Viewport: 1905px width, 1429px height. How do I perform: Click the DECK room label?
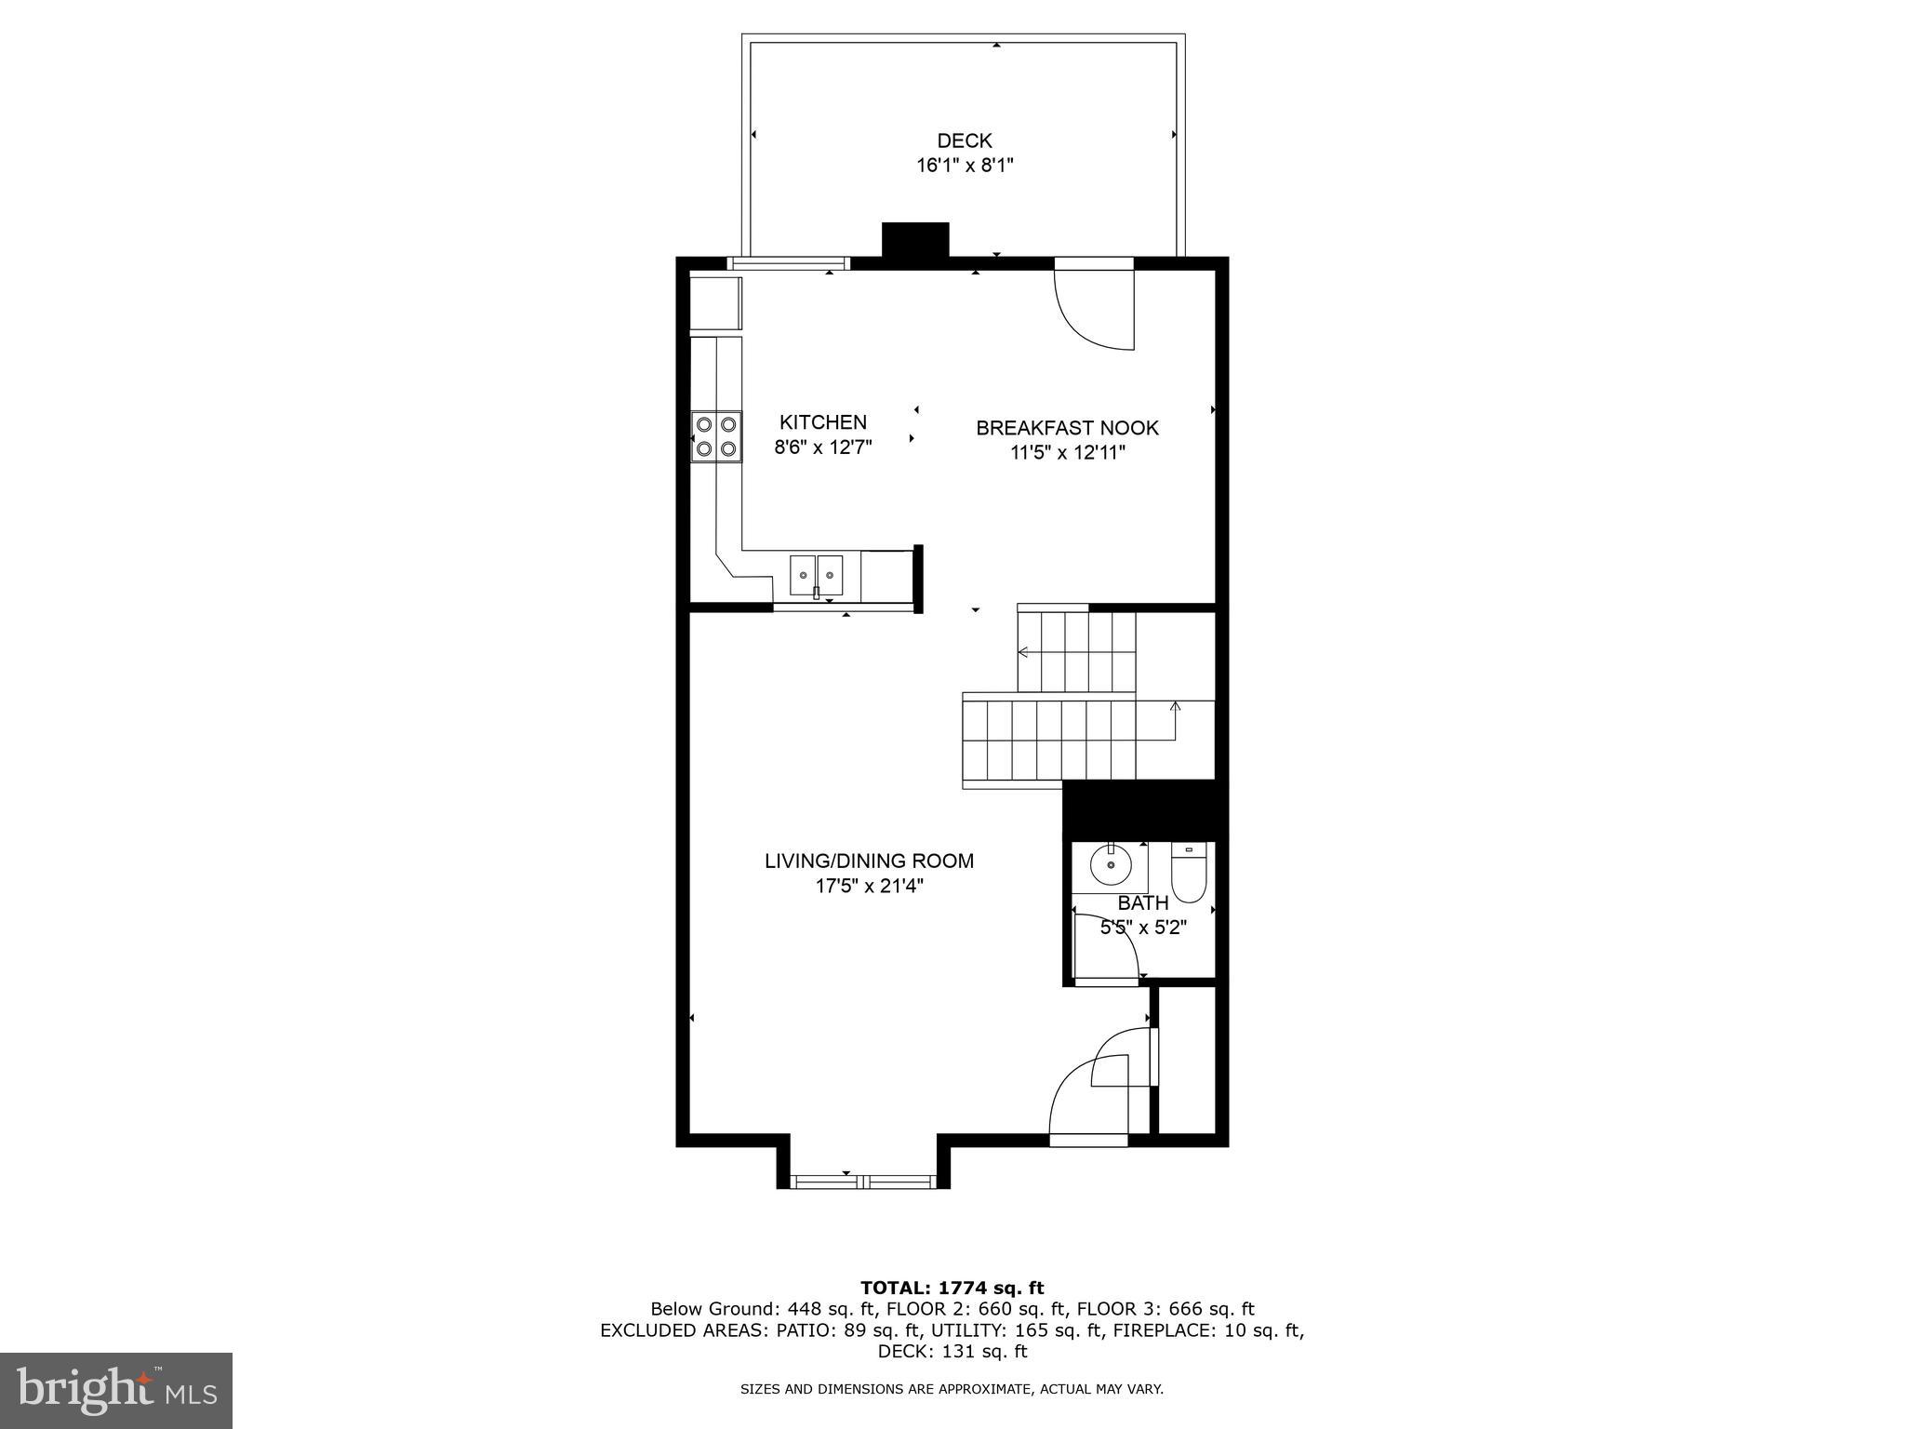click(965, 140)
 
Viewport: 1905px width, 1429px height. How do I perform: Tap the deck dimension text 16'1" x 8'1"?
click(965, 166)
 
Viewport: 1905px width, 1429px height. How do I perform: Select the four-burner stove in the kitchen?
click(716, 436)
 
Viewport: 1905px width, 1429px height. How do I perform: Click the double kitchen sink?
click(816, 575)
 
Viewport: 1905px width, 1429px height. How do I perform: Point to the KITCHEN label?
click(823, 422)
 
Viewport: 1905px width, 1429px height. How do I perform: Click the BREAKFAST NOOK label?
click(1067, 428)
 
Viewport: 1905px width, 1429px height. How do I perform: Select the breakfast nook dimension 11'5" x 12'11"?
click(1068, 453)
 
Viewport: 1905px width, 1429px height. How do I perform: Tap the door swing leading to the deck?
click(1098, 307)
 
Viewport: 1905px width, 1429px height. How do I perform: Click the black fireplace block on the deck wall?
click(915, 239)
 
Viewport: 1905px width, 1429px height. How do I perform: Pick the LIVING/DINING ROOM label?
click(869, 861)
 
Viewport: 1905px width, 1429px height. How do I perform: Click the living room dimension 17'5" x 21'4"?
click(869, 887)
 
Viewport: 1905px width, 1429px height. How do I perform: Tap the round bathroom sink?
click(1110, 865)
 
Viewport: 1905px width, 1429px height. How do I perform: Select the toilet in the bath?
click(1188, 872)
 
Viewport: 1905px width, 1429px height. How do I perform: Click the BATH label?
click(1143, 902)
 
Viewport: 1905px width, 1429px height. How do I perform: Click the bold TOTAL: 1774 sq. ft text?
click(952, 1288)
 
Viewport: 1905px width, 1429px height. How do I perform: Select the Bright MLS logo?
click(116, 1390)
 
